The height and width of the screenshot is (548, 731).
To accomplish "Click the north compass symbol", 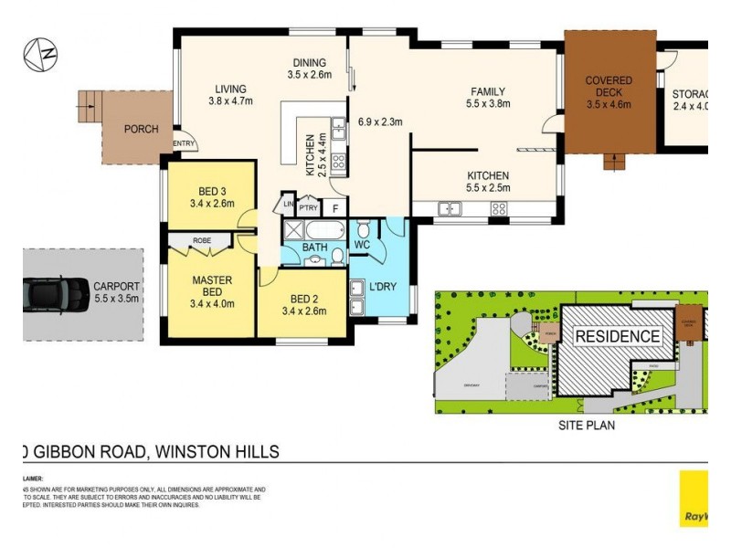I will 41,55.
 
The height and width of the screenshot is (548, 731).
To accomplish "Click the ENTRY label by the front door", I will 184,143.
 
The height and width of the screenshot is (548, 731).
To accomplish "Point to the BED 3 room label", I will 212,191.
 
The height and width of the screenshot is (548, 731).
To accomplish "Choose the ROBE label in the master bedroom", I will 202,241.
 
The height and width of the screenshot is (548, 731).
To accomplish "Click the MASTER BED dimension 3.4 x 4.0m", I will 212,304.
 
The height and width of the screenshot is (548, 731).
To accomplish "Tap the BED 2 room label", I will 302,299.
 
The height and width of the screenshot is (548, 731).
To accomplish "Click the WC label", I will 361,245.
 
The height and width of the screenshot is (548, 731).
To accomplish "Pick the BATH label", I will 315,248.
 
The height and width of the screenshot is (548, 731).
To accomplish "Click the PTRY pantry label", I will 308,208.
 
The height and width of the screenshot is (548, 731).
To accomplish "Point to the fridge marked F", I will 335,208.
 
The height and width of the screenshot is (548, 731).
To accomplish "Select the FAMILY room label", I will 488,91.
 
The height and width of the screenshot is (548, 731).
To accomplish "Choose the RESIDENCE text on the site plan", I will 617,336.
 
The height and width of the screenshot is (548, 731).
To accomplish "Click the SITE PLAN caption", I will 586,426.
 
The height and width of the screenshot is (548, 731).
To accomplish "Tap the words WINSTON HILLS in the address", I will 217,451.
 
